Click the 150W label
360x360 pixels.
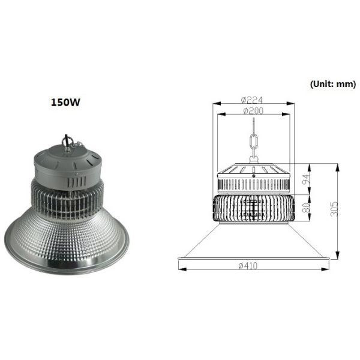pos(65,102)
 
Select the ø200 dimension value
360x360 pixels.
pos(253,110)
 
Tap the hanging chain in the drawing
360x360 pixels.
pos(253,144)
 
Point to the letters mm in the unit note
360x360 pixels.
pos(346,84)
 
